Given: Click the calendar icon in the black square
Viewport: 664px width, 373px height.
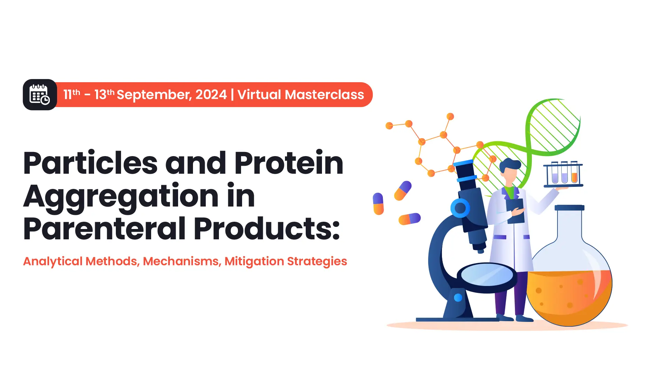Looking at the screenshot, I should (x=40, y=95).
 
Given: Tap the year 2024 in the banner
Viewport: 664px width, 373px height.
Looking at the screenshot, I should (x=211, y=94).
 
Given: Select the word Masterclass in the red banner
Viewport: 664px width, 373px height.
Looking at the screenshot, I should (x=324, y=95).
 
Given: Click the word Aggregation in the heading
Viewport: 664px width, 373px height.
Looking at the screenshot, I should (x=121, y=196).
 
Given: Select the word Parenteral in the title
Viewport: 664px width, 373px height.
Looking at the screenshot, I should (x=104, y=229).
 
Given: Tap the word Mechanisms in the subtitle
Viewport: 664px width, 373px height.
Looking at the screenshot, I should (x=181, y=261).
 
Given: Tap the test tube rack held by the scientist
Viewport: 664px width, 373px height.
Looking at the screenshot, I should (x=563, y=174).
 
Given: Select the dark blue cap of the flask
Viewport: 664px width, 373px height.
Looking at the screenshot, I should (x=569, y=208).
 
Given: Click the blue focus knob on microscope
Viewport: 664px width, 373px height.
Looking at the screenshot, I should (x=460, y=208).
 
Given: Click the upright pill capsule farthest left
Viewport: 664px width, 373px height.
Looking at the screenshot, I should (x=378, y=204).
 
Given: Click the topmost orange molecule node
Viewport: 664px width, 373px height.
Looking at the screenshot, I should (x=450, y=116).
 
